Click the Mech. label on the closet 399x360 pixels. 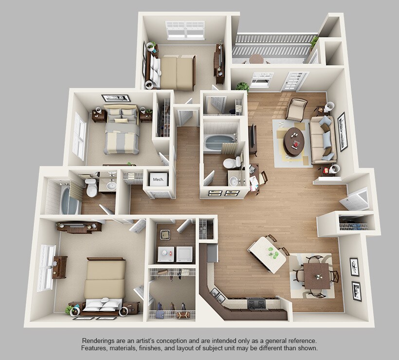[158, 180]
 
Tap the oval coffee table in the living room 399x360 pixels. [293, 141]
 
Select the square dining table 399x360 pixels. [317, 275]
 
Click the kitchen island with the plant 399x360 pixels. [268, 253]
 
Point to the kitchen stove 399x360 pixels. [257, 304]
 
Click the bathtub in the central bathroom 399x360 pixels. [219, 143]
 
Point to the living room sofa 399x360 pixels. [322, 140]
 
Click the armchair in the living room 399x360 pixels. [296, 109]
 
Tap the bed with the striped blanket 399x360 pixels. [121, 130]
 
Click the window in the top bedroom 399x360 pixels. [185, 30]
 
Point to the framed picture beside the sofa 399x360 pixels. [342, 131]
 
